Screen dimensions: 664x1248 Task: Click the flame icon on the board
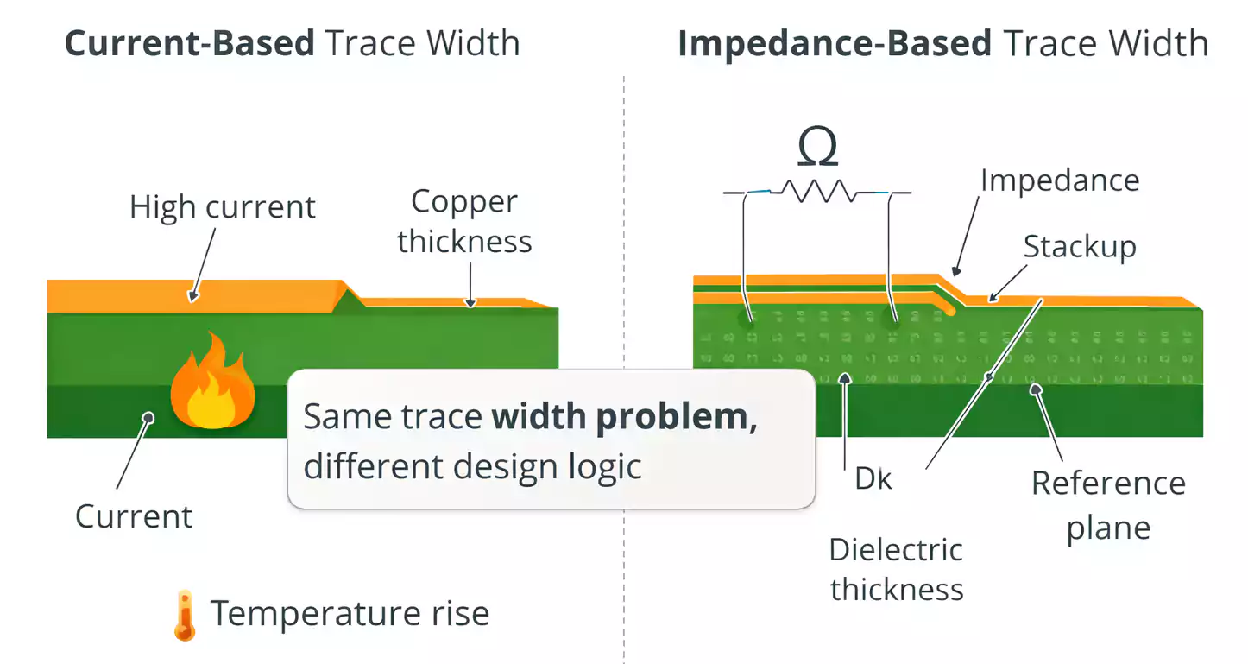(211, 383)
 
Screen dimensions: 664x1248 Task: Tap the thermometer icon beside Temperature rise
(184, 615)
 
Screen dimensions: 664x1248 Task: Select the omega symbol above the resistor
(816, 148)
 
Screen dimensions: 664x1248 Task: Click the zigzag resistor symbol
(816, 192)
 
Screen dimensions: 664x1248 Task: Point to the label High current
(223, 207)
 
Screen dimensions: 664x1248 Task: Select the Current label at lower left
(134, 516)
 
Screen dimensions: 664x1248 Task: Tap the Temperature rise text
(350, 614)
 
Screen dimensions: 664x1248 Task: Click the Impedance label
(1060, 180)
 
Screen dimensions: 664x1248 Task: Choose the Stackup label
(1080, 247)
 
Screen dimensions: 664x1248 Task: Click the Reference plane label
(1108, 505)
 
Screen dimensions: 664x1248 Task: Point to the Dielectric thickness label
(896, 569)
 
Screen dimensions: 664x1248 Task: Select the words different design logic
(472, 466)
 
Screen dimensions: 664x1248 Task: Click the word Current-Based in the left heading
(190, 42)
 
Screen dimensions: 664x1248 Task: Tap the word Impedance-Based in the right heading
(834, 42)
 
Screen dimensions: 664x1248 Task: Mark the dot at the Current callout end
(148, 417)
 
